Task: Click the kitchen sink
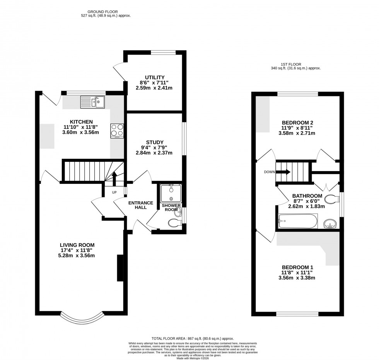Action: coord(92,102)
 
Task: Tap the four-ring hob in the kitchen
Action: coord(117,130)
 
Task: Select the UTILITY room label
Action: coord(155,77)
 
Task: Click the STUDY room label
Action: coord(155,142)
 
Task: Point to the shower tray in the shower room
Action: coord(171,193)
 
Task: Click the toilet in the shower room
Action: coord(174,223)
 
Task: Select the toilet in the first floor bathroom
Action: coord(332,199)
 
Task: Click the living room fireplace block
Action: coord(120,268)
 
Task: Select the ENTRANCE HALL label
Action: coord(141,205)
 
